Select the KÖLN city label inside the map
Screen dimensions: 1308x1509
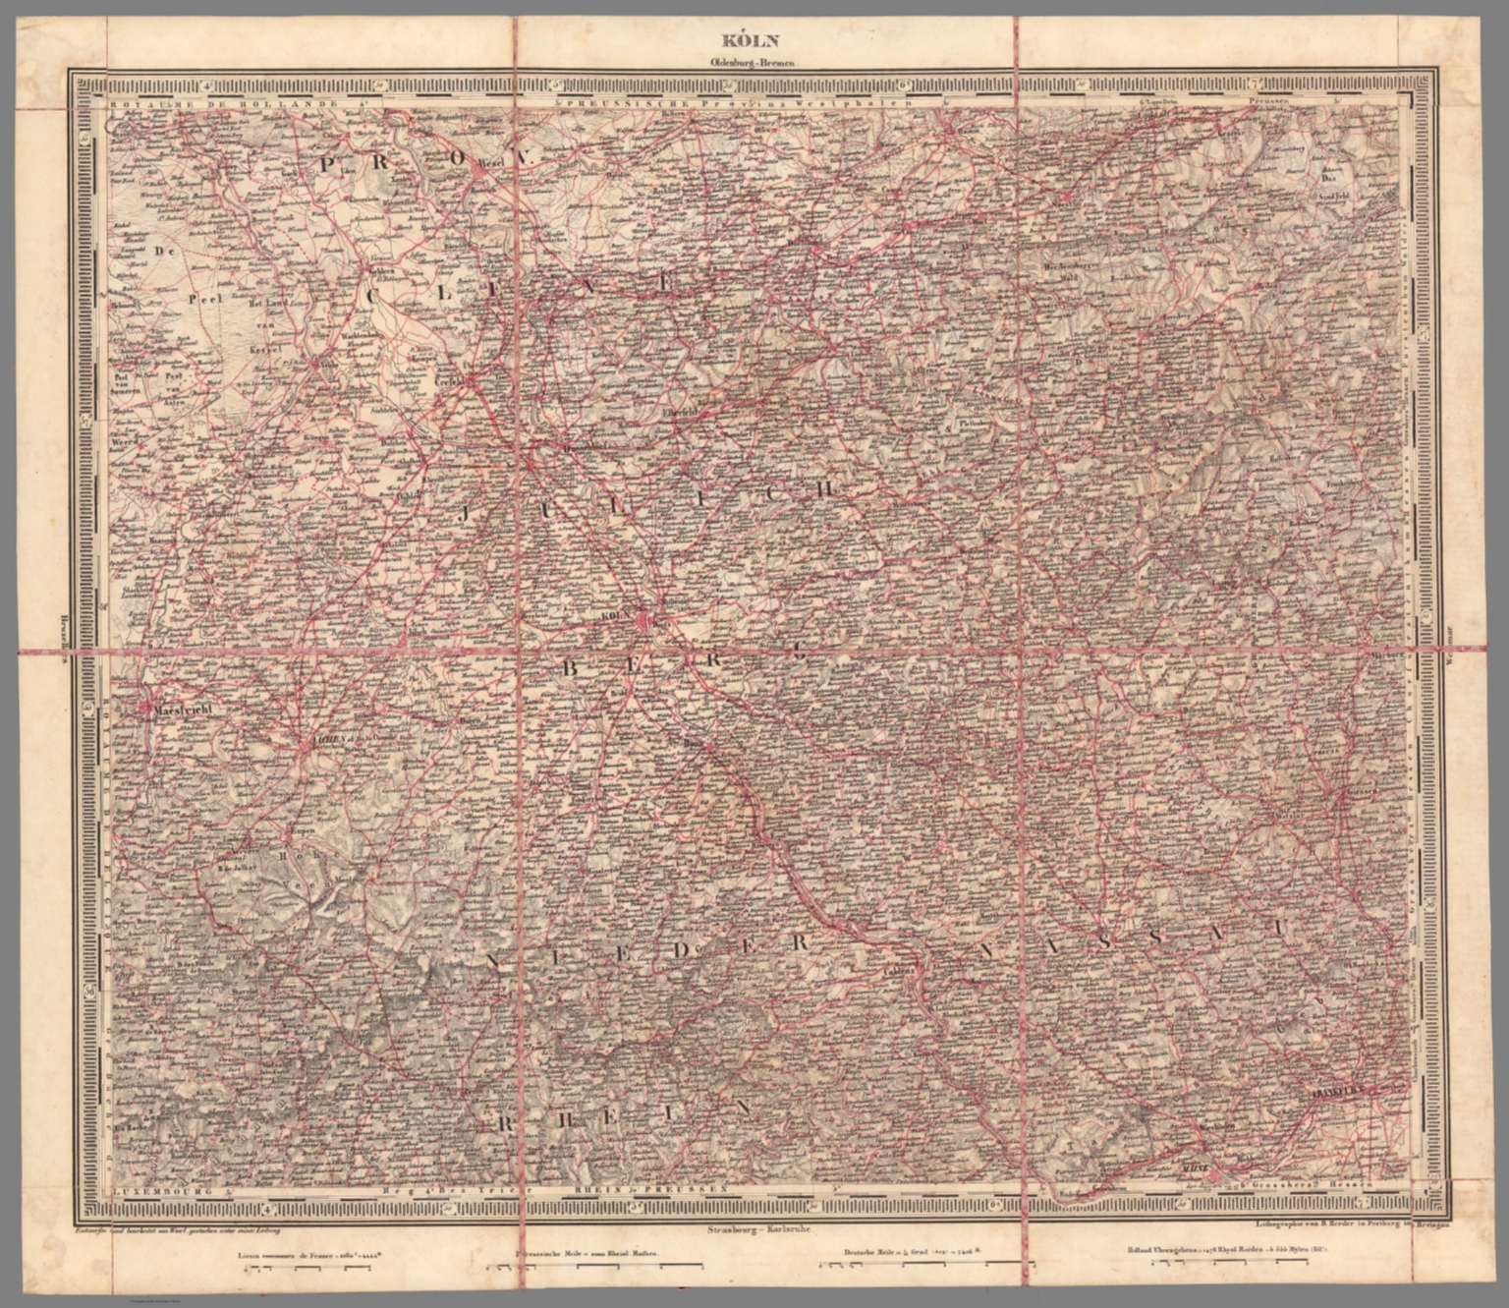(x=612, y=616)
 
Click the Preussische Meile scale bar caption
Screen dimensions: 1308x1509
(x=585, y=1254)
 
